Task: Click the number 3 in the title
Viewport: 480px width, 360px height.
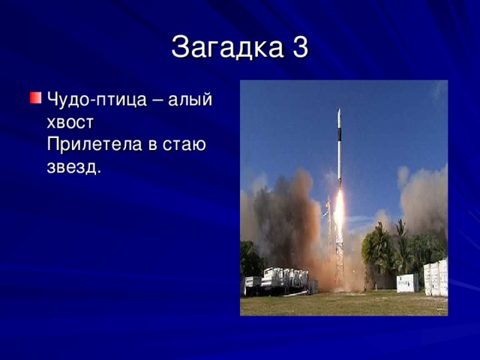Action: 298,48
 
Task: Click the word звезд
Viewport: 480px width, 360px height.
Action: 72,166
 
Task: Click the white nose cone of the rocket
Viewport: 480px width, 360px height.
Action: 339,117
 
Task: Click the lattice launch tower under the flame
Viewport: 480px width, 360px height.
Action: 339,259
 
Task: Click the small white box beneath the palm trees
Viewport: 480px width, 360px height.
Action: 407,283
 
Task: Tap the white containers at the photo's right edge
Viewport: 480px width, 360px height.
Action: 436,277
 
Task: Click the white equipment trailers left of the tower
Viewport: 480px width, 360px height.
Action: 277,280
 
